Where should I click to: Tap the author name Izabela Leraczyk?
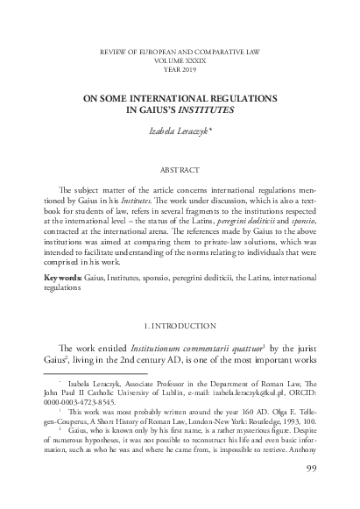(178, 131)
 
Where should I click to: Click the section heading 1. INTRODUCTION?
(180, 325)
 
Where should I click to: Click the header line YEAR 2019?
(180, 70)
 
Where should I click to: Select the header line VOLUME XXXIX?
(180, 62)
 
